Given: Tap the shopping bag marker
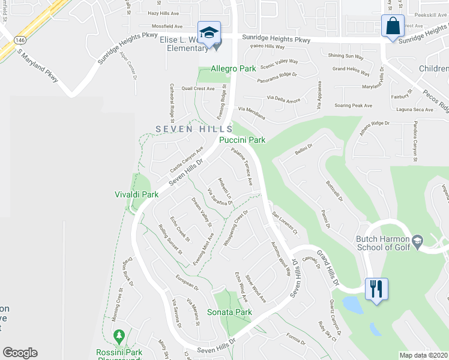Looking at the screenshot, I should point(392,27).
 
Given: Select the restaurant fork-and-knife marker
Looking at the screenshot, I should point(378,289).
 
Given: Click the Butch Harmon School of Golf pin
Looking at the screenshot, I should point(418,241).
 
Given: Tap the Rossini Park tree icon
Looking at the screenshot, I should point(119,334).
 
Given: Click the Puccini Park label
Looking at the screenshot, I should point(242,140).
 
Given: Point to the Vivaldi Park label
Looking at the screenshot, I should point(136,194).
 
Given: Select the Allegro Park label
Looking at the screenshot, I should point(234,69).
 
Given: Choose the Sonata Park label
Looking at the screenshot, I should point(229,312).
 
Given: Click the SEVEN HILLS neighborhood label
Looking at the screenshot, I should point(194,129).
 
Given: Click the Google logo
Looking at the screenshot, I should point(20,353).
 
